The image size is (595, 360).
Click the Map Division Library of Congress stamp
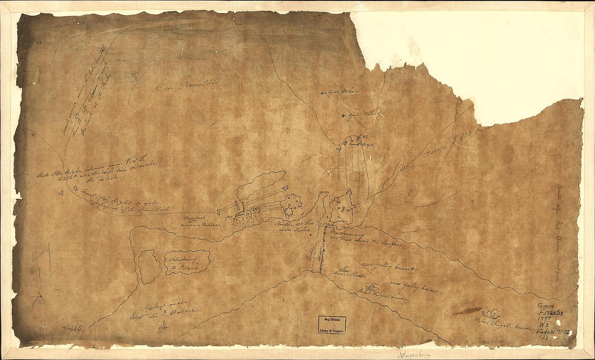[x=332, y=324]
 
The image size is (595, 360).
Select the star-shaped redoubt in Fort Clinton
[x=293, y=204]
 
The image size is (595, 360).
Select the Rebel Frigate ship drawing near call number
[x=492, y=315]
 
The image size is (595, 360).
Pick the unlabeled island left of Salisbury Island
[x=148, y=266]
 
